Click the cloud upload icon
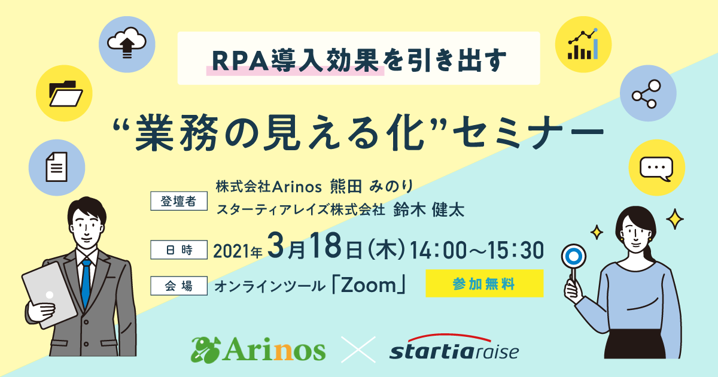[x=127, y=43]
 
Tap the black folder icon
[x=66, y=93]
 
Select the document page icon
[x=57, y=167]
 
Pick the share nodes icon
[x=647, y=94]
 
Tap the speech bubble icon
[x=656, y=169]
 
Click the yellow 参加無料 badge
[x=484, y=284]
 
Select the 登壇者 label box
[x=179, y=201]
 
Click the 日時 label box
[x=179, y=250]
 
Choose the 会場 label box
[x=179, y=285]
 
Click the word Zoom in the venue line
[x=369, y=285]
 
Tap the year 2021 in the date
[x=231, y=251]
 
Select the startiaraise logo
[x=454, y=347]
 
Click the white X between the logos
[x=358, y=349]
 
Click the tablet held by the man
[x=49, y=295]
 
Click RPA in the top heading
[x=240, y=61]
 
